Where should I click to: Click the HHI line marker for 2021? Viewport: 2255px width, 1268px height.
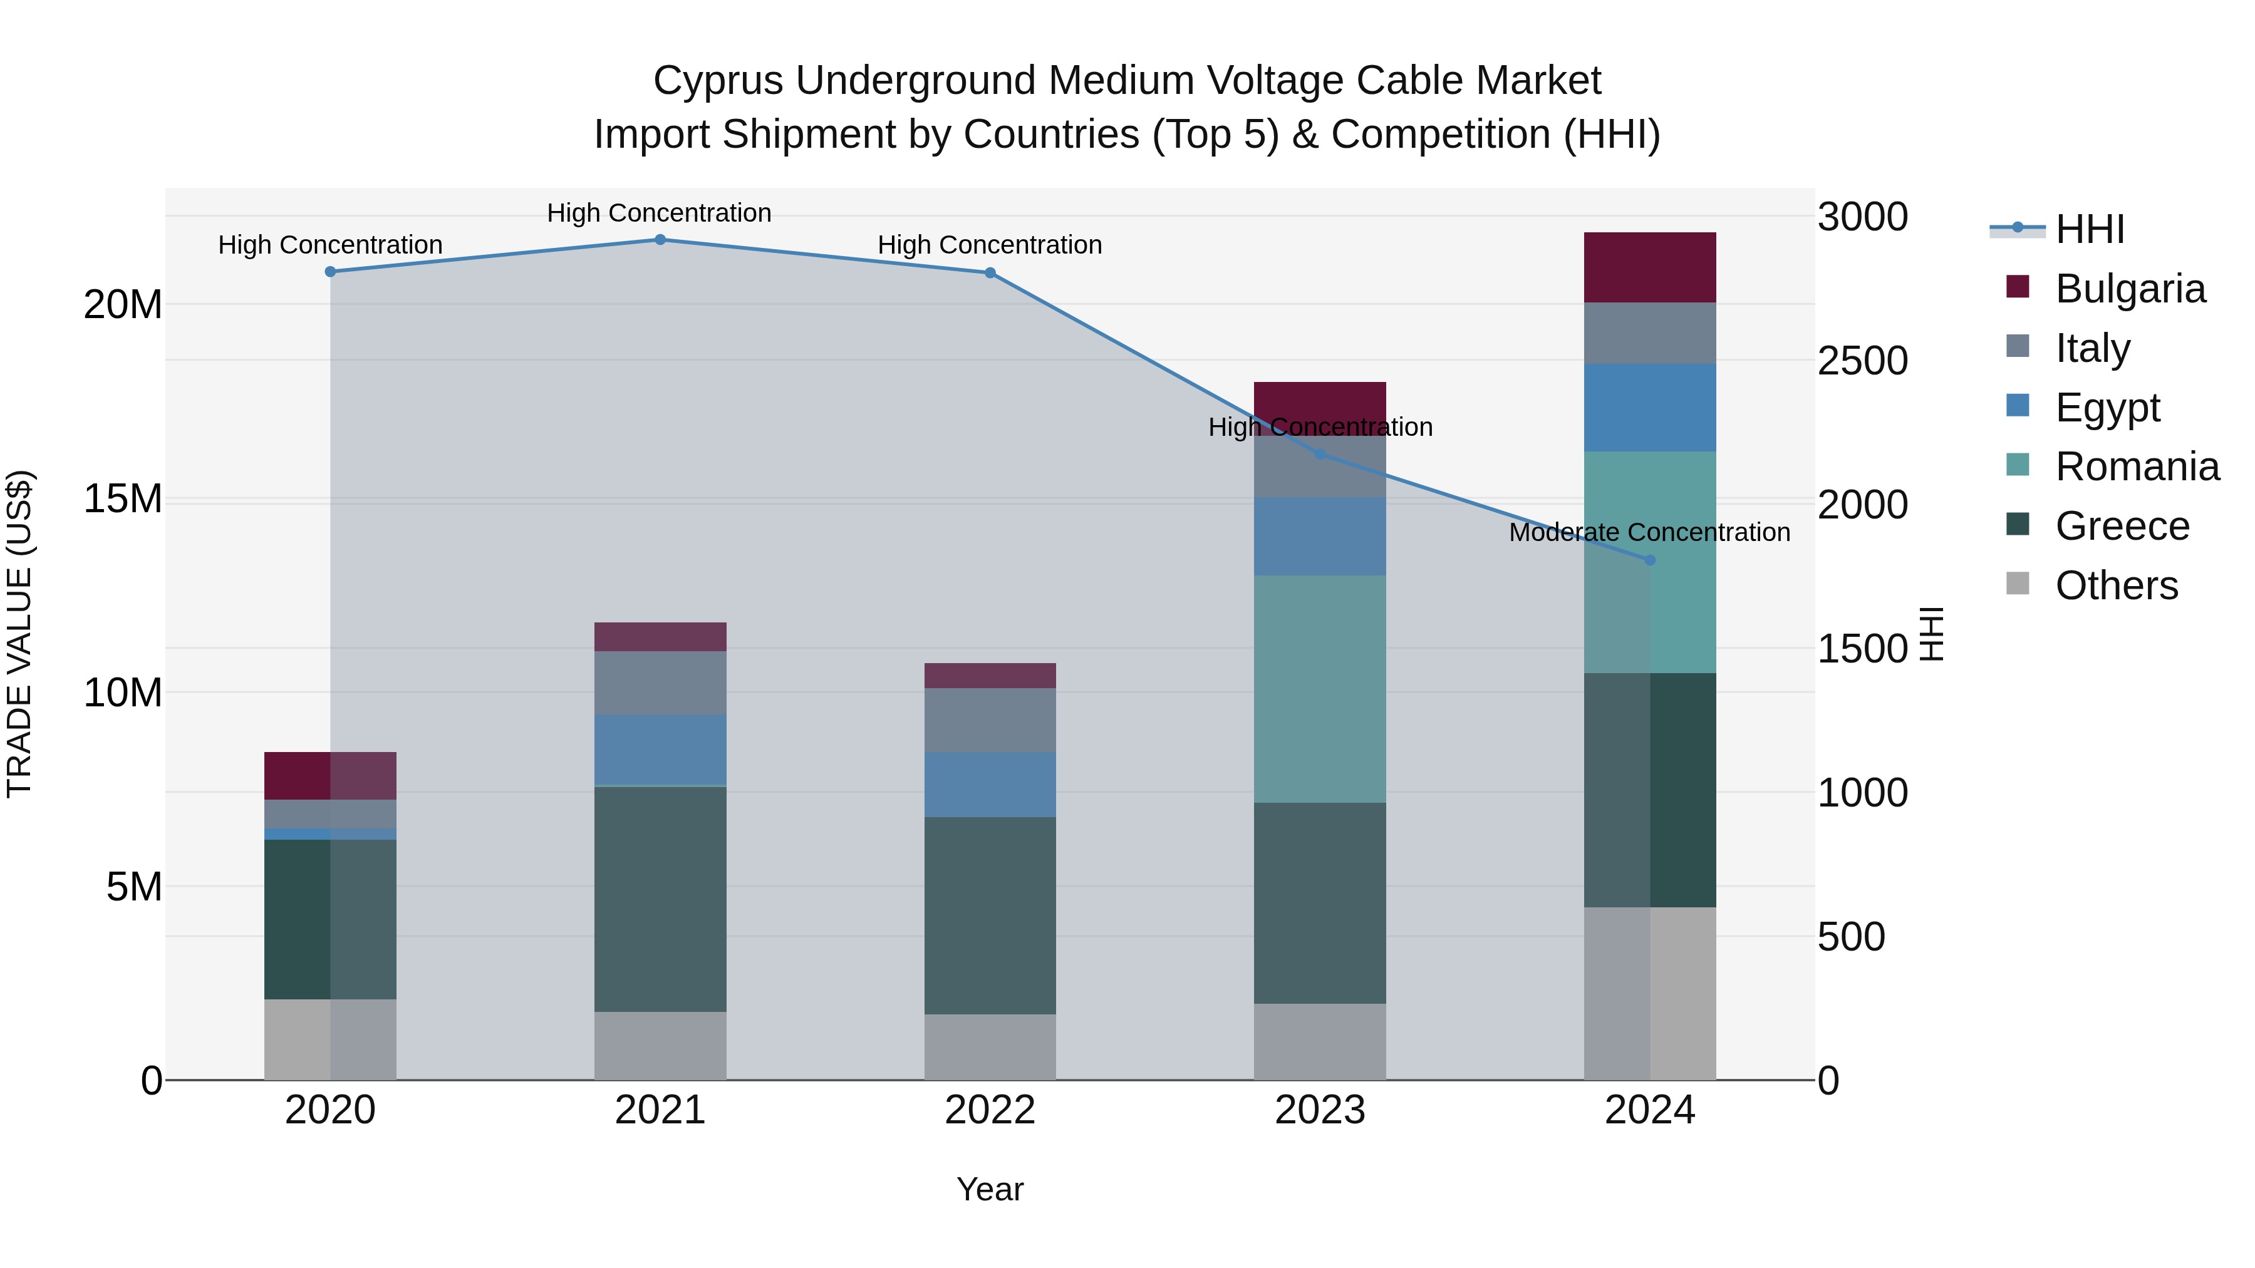pyautogui.click(x=660, y=240)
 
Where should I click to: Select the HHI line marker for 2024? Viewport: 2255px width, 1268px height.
pyautogui.click(x=1650, y=560)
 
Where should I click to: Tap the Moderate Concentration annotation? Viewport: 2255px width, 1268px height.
pyautogui.click(x=1649, y=532)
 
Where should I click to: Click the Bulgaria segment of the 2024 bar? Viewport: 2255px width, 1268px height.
pyautogui.click(x=1650, y=268)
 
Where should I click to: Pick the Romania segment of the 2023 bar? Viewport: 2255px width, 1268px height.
pyautogui.click(x=1319, y=689)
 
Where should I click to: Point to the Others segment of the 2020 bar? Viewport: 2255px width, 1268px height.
pyautogui.click(x=330, y=1039)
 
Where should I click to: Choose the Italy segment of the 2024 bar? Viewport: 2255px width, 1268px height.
pyautogui.click(x=1650, y=333)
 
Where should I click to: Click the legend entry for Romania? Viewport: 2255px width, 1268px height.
pyautogui.click(x=2137, y=466)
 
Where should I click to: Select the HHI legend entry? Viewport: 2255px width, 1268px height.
pyautogui.click(x=2088, y=229)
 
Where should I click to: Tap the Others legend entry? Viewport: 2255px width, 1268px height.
pyautogui.click(x=2116, y=585)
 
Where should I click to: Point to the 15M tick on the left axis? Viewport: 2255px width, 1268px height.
pyautogui.click(x=123, y=499)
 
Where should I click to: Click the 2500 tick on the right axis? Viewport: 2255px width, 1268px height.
pyautogui.click(x=1862, y=361)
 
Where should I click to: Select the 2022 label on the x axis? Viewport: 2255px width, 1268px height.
pyautogui.click(x=990, y=1110)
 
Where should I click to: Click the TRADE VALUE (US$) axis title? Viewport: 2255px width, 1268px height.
pyautogui.click(x=19, y=634)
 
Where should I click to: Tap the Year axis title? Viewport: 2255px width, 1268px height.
pyautogui.click(x=990, y=1189)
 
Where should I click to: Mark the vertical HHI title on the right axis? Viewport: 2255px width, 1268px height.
pyautogui.click(x=1931, y=634)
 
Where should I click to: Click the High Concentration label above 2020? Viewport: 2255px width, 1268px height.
pyautogui.click(x=330, y=245)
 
